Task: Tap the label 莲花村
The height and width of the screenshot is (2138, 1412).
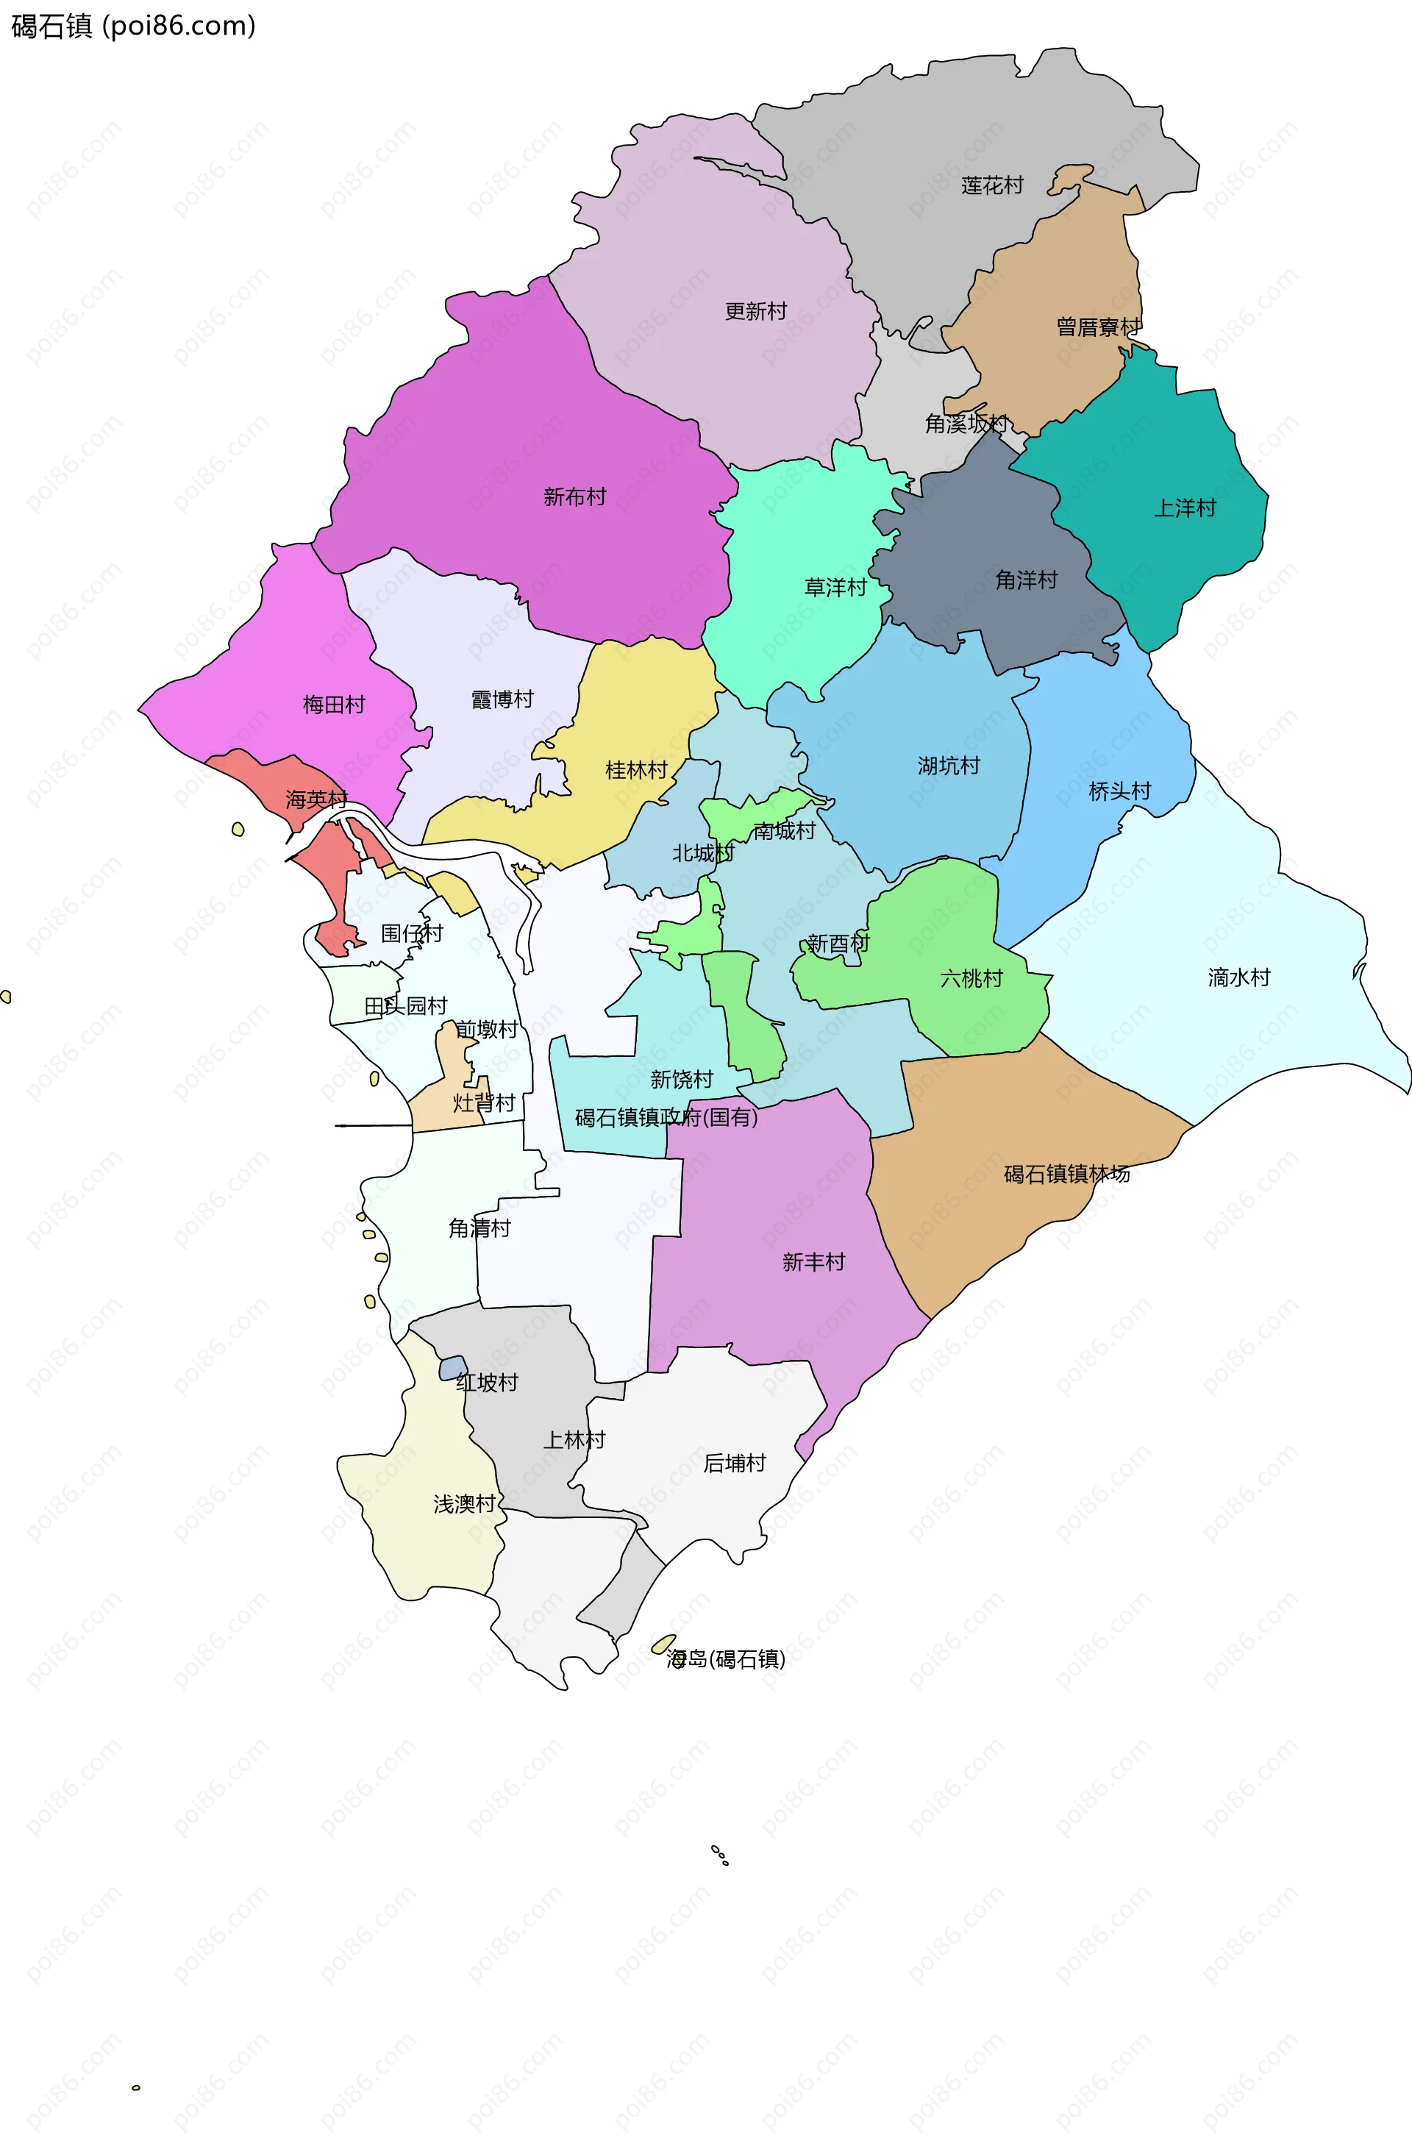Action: [991, 185]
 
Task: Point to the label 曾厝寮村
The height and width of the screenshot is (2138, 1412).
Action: [1098, 327]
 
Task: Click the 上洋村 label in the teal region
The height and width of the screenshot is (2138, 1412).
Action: [1184, 509]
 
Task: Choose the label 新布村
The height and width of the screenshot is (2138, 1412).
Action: [574, 497]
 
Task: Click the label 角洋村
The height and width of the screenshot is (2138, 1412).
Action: [1026, 581]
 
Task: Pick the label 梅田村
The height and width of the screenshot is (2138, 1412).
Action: [333, 705]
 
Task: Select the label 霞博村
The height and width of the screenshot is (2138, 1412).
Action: [502, 699]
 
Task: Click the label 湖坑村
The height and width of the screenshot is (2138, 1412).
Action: [948, 766]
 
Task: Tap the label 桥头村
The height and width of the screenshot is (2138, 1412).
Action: [1119, 791]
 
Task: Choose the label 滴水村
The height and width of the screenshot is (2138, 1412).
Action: [1238, 978]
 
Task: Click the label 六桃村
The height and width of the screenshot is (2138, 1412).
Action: [971, 979]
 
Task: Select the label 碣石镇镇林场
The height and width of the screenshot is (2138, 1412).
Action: [1066, 1175]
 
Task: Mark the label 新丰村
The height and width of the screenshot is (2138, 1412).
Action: [813, 1263]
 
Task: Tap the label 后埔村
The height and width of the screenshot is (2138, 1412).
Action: [734, 1464]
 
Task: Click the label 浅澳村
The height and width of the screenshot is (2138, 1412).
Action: [464, 1504]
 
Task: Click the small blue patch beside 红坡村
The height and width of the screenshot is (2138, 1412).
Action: [453, 1368]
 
